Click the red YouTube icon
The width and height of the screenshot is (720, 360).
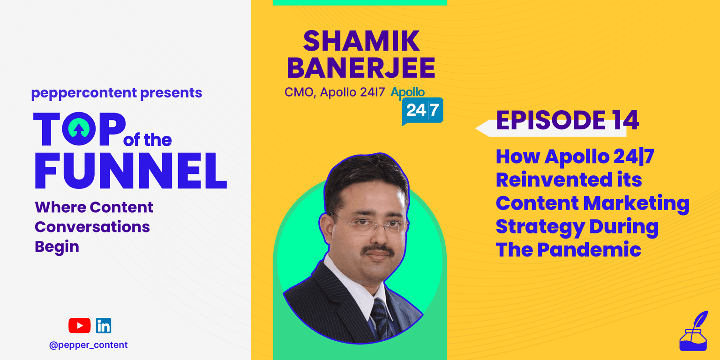[79, 325]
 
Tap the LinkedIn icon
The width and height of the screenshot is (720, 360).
[104, 326]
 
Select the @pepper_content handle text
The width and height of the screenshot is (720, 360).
[89, 345]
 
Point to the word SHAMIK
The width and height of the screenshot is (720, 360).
[361, 41]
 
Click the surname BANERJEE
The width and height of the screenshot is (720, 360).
[360, 68]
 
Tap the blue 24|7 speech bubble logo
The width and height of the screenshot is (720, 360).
[422, 111]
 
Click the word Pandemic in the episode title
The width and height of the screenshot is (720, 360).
[589, 250]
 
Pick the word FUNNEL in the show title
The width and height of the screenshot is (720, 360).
[131, 170]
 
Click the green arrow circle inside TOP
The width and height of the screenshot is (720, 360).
[79, 128]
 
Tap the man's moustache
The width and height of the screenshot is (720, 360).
[379, 249]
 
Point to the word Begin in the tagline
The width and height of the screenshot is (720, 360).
[57, 247]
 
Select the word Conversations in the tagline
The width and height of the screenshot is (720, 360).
[92, 226]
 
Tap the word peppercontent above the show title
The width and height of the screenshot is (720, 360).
[84, 93]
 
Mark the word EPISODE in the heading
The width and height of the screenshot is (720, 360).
[551, 120]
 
